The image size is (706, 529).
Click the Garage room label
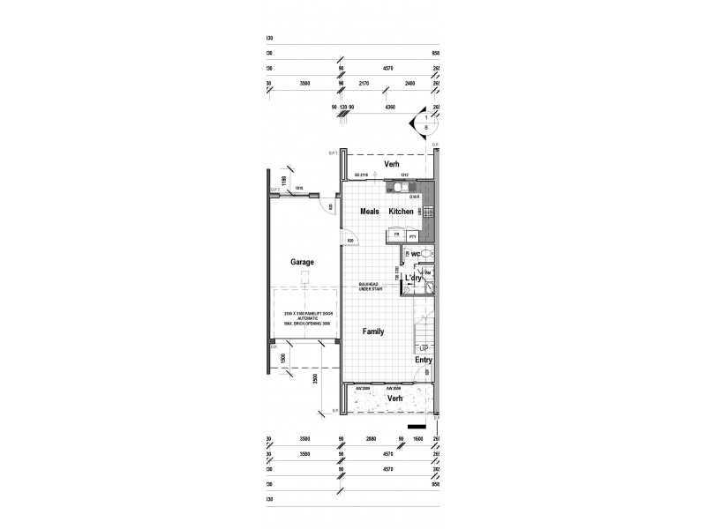pos(303,262)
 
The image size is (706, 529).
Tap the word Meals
pos(369,212)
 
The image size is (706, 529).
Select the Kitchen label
pos(402,212)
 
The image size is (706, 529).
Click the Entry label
pos(424,360)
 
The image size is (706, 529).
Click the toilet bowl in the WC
pos(427,254)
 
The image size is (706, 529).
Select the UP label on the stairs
pos(424,348)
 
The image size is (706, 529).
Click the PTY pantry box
pos(412,236)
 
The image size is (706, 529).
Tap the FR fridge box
pos(397,236)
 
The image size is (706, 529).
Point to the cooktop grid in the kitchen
pos(428,212)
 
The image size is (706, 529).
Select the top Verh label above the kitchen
pos(392,165)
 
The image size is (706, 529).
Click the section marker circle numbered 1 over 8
pos(427,121)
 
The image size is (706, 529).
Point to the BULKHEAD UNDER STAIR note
pos(370,286)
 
